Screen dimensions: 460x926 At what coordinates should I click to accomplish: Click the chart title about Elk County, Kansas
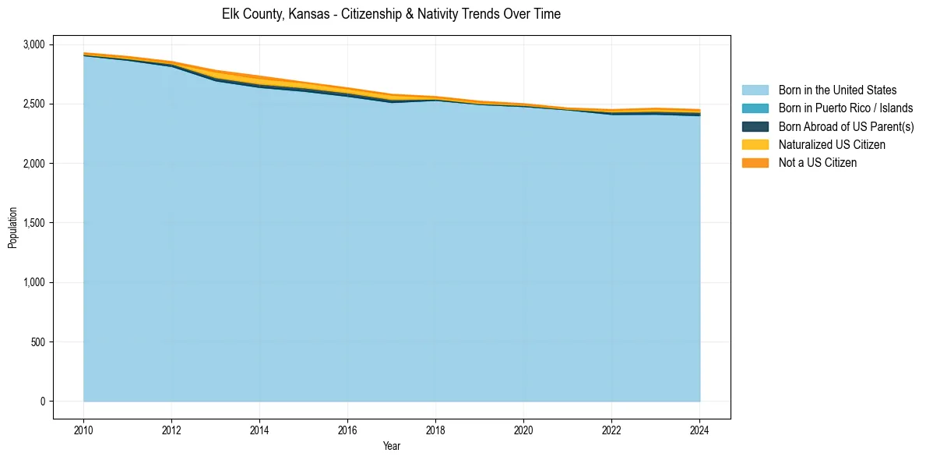(391, 14)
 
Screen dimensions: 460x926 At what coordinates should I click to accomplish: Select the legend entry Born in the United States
(837, 90)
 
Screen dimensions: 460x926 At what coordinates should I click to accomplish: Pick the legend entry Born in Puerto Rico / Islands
(846, 108)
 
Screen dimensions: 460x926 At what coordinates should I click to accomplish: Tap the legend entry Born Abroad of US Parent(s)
(846, 126)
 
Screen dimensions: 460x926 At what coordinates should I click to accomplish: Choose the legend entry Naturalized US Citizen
(832, 144)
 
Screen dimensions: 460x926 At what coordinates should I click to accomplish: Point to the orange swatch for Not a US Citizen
(755, 162)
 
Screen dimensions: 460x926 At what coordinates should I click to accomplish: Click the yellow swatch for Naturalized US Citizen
(755, 144)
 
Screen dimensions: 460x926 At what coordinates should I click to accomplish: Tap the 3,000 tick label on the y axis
(34, 44)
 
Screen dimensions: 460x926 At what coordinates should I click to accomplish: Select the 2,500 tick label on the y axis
(34, 104)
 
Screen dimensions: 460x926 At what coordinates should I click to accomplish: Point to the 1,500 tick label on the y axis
(34, 223)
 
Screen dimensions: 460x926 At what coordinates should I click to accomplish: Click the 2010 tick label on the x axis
(83, 428)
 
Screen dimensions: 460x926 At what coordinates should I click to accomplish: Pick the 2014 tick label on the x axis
(259, 428)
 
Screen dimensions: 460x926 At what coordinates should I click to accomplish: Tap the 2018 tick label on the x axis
(435, 428)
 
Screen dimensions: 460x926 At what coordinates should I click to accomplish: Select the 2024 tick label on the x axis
(699, 428)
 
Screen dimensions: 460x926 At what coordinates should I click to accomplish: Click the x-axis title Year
(392, 446)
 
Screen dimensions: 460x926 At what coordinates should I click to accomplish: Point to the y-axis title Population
(12, 227)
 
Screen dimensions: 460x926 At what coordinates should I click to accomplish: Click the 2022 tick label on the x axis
(611, 428)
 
